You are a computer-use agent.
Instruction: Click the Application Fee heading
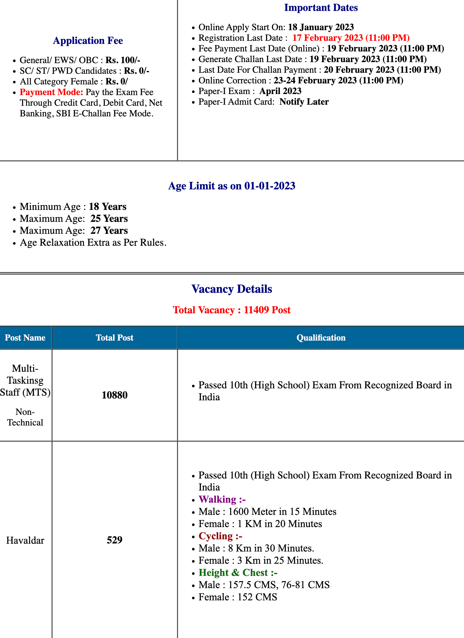88,41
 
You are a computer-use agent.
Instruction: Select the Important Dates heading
321,8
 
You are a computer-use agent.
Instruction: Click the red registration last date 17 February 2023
351,38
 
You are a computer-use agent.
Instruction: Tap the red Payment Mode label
51,92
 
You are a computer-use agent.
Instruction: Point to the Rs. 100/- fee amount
123,60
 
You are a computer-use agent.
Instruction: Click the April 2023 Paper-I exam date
280,91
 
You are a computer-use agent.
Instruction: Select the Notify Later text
304,102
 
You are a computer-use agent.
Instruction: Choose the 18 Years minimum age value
108,207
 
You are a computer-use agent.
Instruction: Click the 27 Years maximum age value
109,231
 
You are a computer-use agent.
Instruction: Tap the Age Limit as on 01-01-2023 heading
231,186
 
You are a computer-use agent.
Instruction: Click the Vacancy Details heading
231,289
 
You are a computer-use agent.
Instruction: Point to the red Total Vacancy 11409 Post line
231,310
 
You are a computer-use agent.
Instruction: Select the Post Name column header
25,337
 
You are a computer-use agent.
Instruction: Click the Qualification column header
321,337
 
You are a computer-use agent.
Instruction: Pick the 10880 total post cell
115,395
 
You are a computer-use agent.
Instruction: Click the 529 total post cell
115,540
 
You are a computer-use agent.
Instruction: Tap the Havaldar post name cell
25,540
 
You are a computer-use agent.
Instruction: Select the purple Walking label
222,500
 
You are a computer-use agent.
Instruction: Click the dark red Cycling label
220,536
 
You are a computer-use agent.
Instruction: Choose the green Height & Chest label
238,573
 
